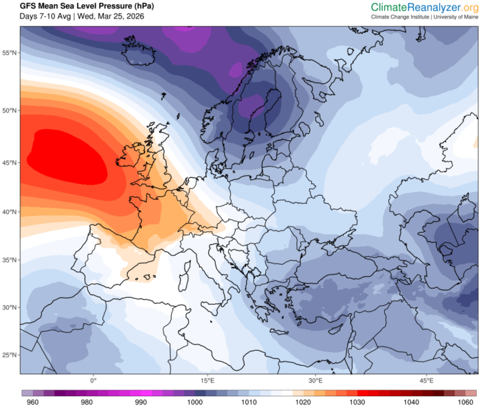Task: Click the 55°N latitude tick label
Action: tap(10, 53)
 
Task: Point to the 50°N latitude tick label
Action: tap(10, 110)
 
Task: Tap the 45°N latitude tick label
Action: tap(10, 163)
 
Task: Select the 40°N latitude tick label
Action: tap(10, 212)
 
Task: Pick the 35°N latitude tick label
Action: tap(10, 260)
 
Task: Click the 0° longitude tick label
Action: tap(93, 380)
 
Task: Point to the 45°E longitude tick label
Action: tap(426, 380)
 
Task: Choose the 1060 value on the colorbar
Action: tap(468, 402)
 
